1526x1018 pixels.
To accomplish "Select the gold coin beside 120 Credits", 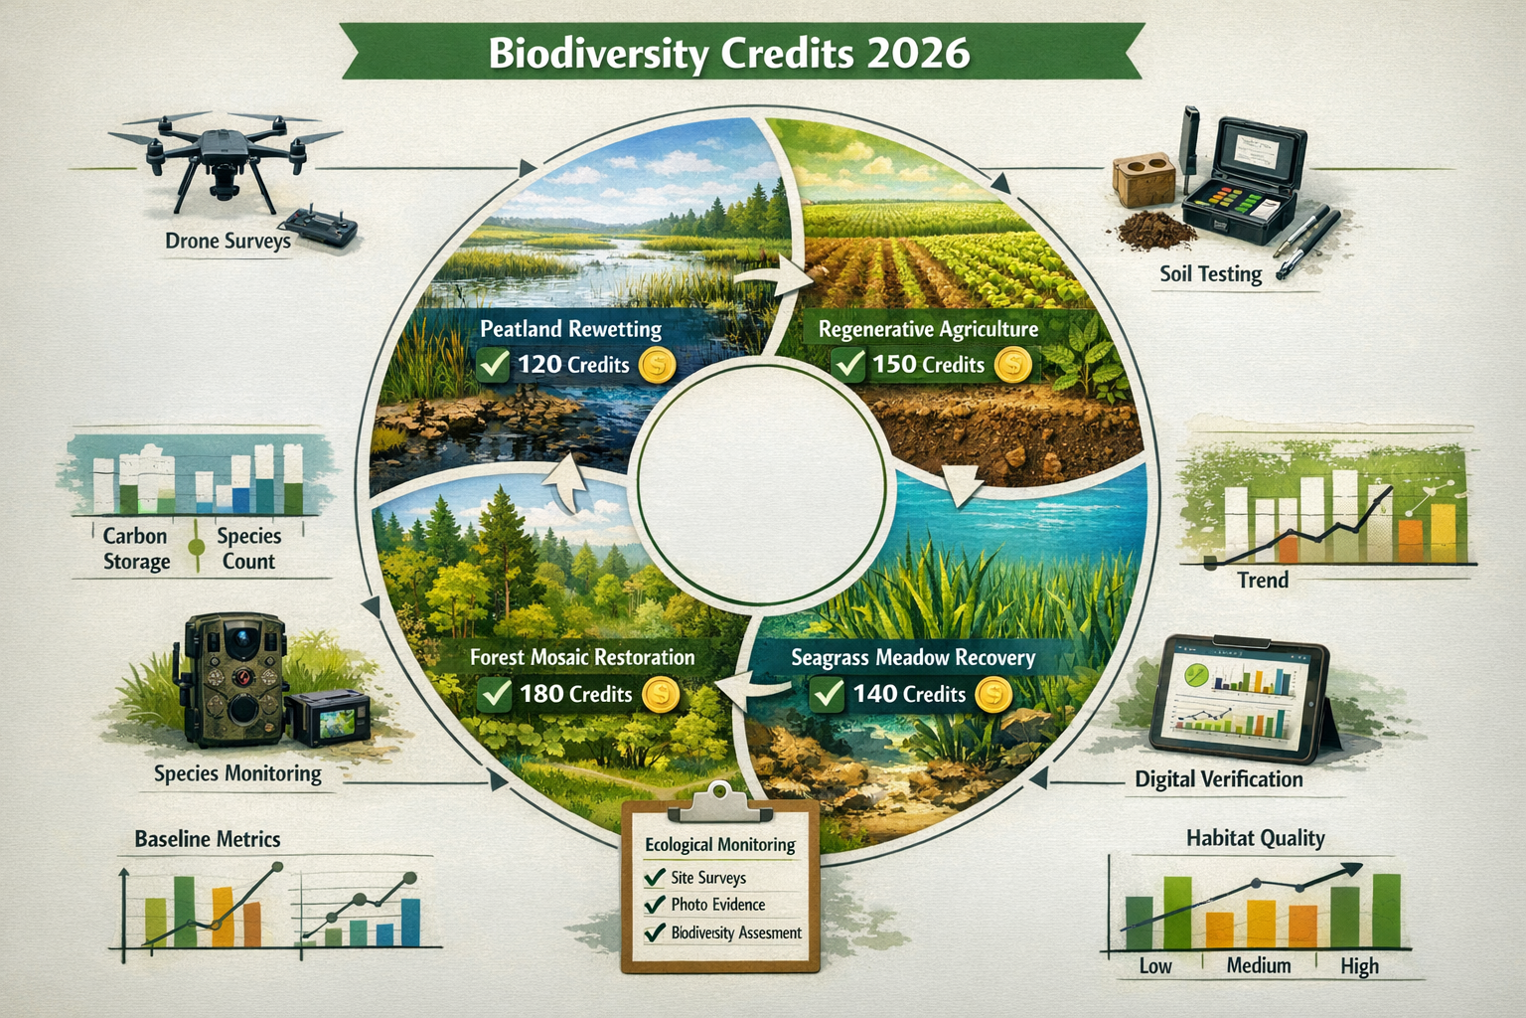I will coord(655,365).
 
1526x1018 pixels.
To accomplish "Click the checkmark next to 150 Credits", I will coord(848,364).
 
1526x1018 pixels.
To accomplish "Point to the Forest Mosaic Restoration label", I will coord(582,657).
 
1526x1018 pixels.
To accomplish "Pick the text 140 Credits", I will coord(909,694).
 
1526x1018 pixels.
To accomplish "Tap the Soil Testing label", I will coord(1210,273).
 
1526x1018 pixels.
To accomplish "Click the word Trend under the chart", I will coord(1262,580).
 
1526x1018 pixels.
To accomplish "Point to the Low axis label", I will coord(1154,965).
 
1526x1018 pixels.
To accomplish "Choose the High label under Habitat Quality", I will coord(1359,965).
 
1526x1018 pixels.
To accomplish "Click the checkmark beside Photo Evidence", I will coord(654,905).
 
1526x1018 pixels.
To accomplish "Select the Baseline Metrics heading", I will coord(208,839).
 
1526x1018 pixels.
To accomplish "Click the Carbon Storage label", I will coord(136,549).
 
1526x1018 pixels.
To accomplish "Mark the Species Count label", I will coord(248,549).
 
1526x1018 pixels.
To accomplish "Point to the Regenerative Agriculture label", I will coord(928,329).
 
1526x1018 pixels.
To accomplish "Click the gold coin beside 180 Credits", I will coord(660,694).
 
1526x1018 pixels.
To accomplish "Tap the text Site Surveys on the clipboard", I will coord(707,878).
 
